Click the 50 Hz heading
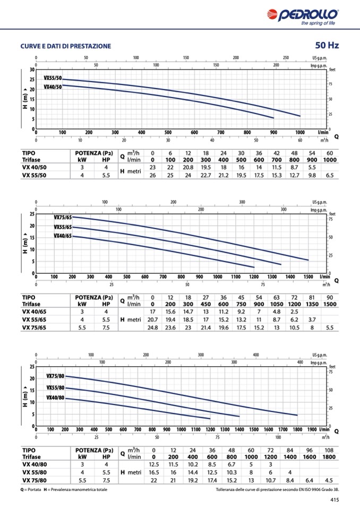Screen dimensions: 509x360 [x=327, y=45]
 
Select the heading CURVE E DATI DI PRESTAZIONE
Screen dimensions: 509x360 [x=66, y=46]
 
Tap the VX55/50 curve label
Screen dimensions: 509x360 [x=53, y=78]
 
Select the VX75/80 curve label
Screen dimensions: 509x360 [x=55, y=376]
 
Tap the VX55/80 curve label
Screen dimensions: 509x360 [x=55, y=388]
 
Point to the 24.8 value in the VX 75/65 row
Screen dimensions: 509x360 [x=153, y=328]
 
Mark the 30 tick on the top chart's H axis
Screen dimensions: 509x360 [x=32, y=70]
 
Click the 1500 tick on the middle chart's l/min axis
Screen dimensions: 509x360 [x=308, y=277]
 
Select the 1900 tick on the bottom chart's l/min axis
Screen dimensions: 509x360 [x=312, y=429]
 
